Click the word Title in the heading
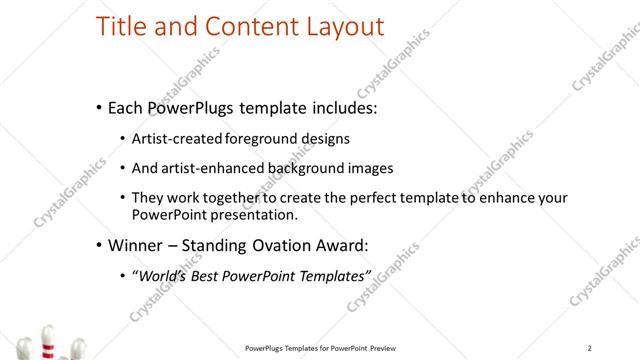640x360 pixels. pyautogui.click(x=119, y=27)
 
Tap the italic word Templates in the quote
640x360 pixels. pyautogui.click(x=332, y=274)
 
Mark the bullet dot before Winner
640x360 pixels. pyautogui.click(x=98, y=245)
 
